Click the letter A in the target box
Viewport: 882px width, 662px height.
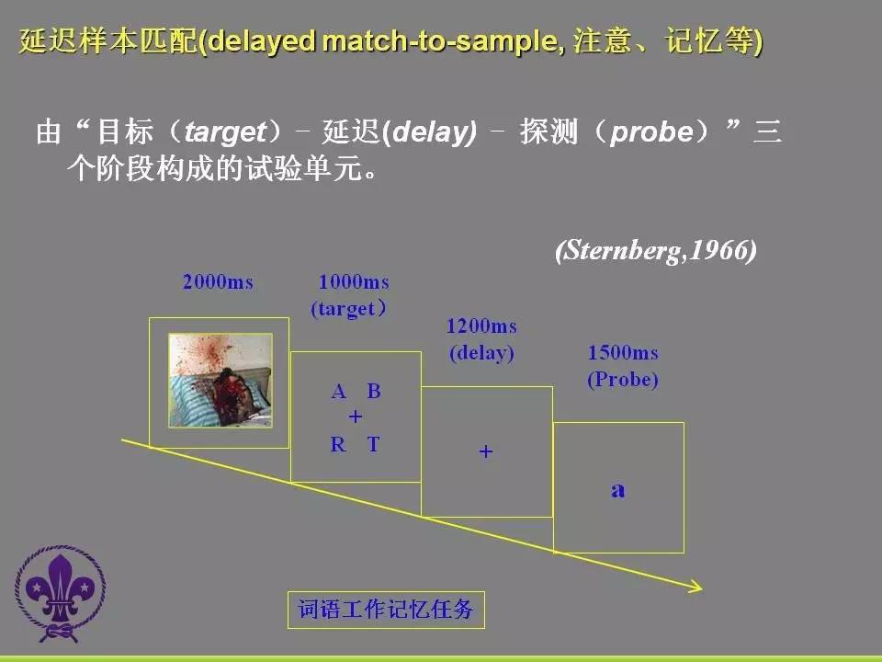pos(339,392)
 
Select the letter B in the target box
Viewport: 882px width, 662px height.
pos(374,392)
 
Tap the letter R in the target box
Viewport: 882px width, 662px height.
pos(338,445)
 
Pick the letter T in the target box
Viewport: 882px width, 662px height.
pos(374,445)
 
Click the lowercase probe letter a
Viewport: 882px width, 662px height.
pos(618,490)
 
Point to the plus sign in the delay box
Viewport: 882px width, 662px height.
pos(486,451)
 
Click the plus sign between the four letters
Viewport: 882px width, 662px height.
pos(356,417)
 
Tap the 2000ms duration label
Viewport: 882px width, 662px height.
pos(218,281)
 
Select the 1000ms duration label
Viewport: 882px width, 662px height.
pos(354,281)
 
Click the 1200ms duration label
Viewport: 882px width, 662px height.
pos(481,325)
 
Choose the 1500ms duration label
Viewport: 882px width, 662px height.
pos(623,353)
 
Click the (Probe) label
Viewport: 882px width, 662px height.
pos(623,380)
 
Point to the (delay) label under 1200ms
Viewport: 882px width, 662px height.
pos(481,353)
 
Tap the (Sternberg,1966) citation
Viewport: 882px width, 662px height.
pos(656,250)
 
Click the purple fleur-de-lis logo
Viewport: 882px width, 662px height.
pos(61,593)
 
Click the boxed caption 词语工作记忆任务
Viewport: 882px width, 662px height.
pos(386,610)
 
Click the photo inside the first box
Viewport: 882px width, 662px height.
pos(220,381)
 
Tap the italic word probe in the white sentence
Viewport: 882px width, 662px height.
pos(652,131)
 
